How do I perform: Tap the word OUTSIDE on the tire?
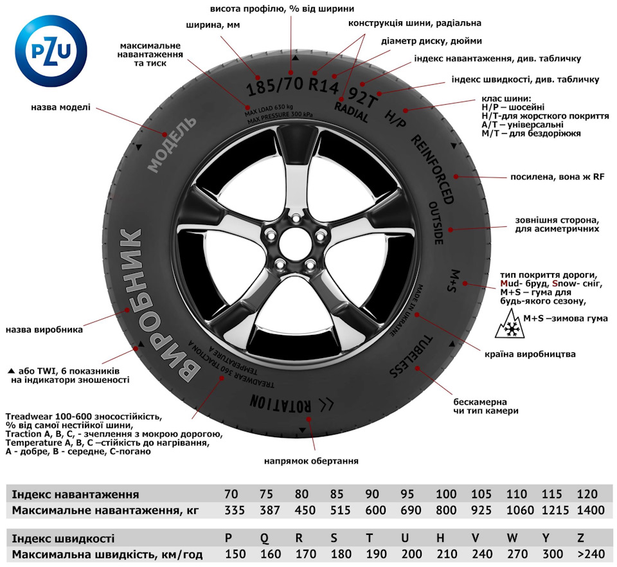(436, 222)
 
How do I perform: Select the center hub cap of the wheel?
(294, 242)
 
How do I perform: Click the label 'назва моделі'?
(61, 107)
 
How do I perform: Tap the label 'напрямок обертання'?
(311, 461)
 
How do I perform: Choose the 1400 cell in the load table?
(591, 510)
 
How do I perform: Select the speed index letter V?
(476, 538)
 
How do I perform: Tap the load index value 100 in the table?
(445, 494)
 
